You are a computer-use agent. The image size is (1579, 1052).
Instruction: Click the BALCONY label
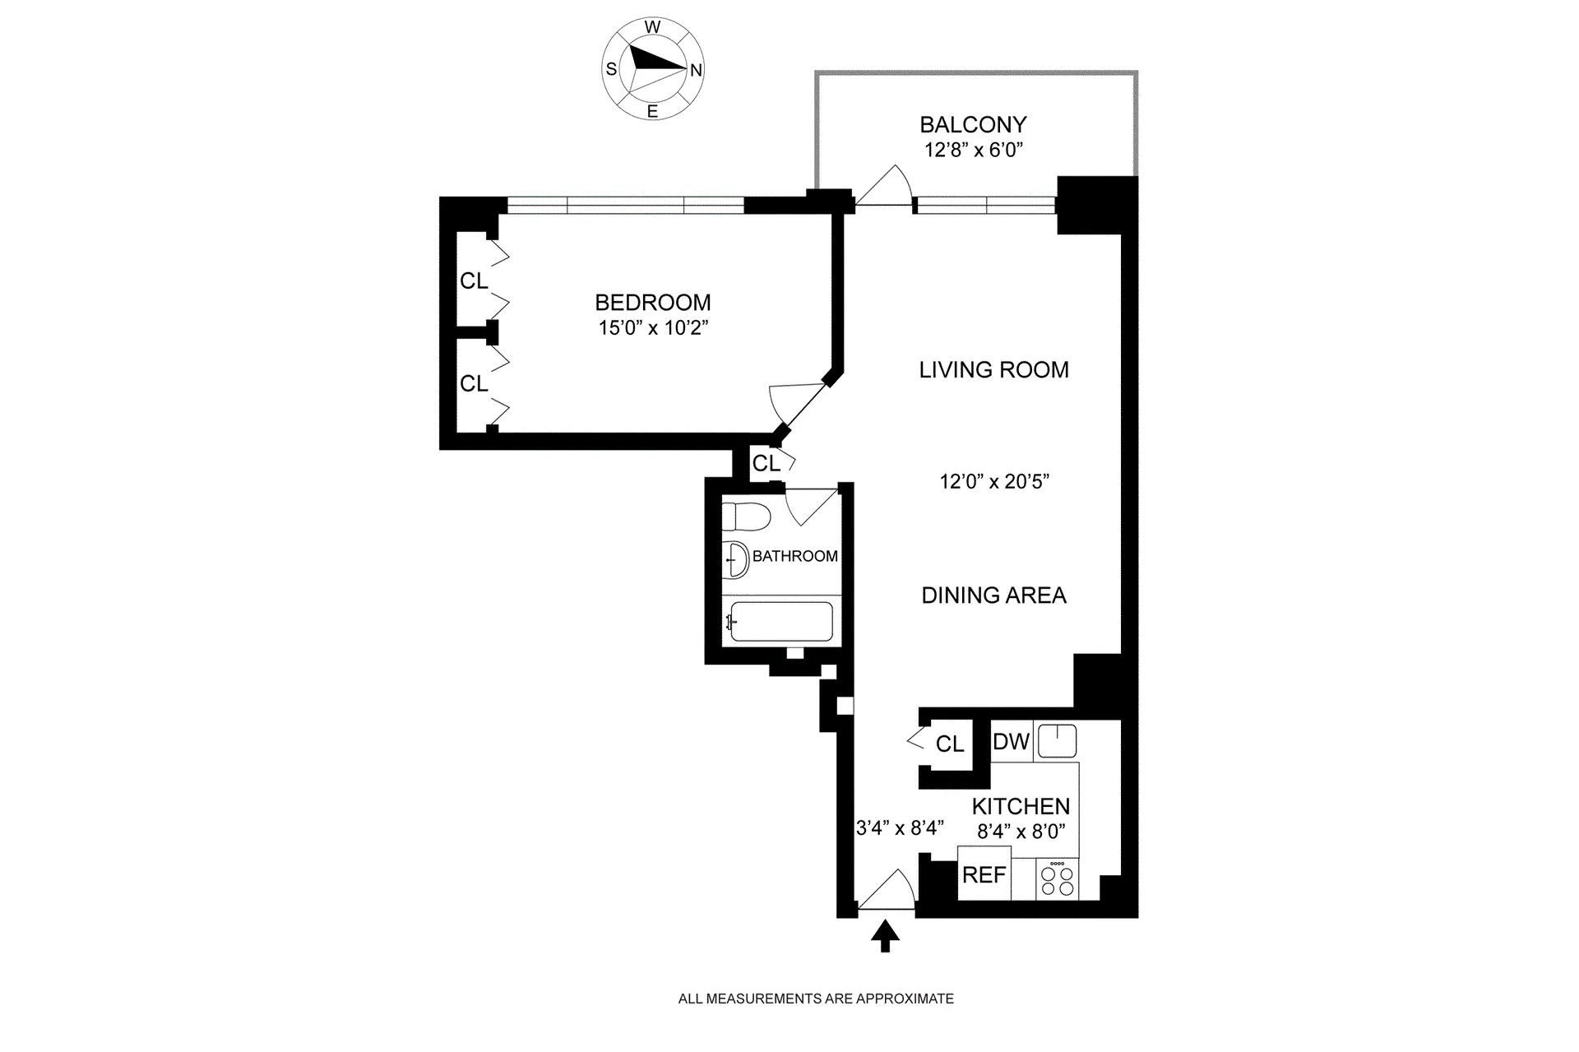pos(973,125)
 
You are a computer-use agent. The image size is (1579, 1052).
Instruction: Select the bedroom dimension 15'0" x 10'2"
pos(653,328)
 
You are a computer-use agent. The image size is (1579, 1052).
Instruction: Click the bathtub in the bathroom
pos(781,622)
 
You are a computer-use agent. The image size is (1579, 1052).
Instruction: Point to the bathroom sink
pos(736,560)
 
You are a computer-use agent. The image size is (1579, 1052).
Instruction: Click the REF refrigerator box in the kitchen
pos(984,874)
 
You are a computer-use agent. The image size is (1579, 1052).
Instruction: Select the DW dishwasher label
pos(1011,741)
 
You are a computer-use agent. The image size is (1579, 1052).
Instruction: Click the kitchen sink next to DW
pos(1057,741)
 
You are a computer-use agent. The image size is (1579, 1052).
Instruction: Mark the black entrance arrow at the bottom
pos(885,935)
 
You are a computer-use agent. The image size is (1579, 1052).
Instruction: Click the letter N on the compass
pos(696,70)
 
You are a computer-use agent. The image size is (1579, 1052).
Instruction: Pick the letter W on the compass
pos(652,27)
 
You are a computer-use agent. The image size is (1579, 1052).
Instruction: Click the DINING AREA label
pos(993,596)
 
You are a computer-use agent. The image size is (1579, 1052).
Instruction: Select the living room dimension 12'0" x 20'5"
pos(994,482)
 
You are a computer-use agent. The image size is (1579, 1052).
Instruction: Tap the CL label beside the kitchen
pos(949,744)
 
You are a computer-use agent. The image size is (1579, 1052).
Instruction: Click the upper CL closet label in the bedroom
pos(474,281)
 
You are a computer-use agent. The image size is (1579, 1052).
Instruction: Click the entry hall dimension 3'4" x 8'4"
pos(900,827)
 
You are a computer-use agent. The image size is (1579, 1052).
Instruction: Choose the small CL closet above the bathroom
pos(766,464)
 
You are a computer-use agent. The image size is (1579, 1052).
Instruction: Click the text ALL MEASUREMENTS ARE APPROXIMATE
pos(816,999)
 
